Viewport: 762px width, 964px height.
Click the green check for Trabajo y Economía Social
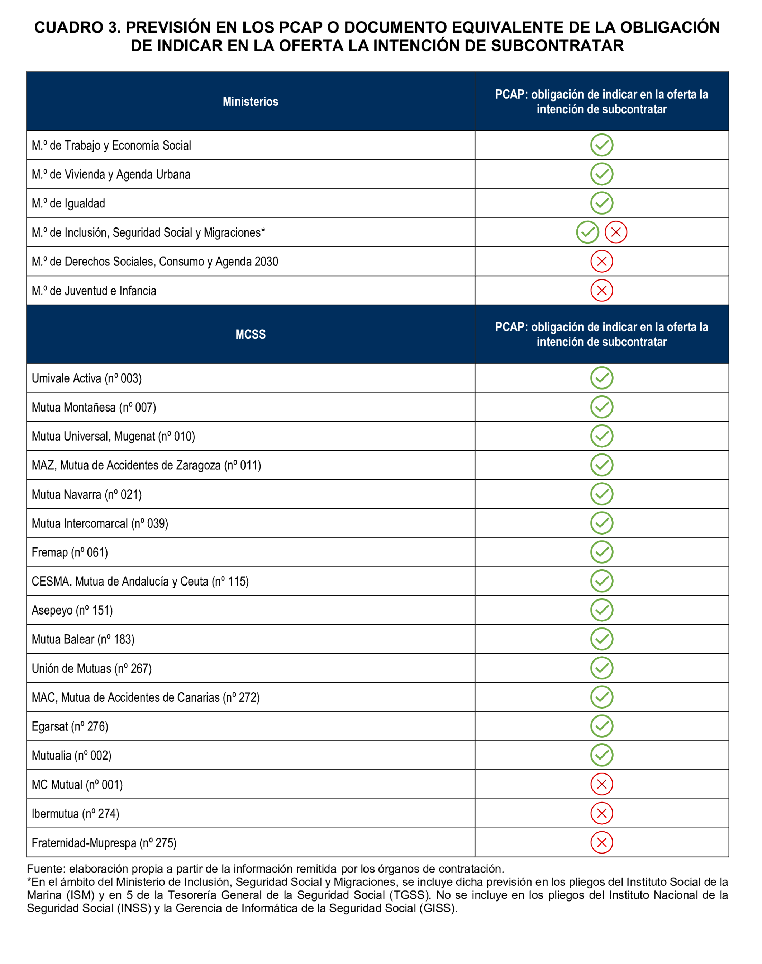click(601, 145)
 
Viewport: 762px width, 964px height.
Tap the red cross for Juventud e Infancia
click(601, 291)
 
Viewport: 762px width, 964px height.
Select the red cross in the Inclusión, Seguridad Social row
click(616, 232)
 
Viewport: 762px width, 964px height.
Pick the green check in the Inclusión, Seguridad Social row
click(587, 232)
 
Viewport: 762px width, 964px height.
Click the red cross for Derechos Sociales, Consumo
click(601, 262)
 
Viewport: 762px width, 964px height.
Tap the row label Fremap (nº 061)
click(70, 552)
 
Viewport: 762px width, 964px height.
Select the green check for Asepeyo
click(601, 610)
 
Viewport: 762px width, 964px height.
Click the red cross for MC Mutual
click(601, 785)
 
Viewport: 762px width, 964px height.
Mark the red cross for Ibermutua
click(601, 814)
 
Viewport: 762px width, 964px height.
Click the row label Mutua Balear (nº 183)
click(83, 639)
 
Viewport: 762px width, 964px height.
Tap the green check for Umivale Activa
click(601, 378)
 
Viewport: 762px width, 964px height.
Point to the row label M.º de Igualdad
click(68, 204)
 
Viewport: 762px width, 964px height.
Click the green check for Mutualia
click(601, 755)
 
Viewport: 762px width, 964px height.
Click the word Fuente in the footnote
click(46, 869)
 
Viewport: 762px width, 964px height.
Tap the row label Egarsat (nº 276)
click(70, 726)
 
